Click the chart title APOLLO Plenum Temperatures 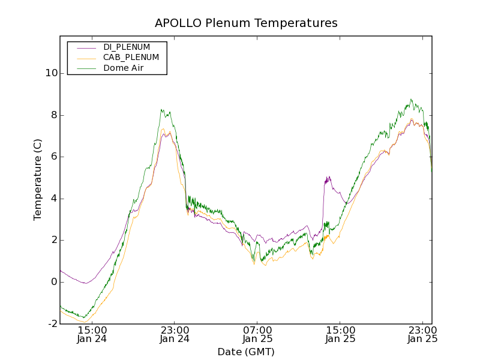[246, 23]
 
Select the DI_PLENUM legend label [127, 47]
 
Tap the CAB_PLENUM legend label [131, 58]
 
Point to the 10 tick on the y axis [51, 73]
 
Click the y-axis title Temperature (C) [38, 180]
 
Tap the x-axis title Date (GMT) [246, 352]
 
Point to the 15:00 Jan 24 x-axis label [92, 334]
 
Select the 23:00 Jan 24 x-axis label [175, 334]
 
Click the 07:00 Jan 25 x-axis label [258, 334]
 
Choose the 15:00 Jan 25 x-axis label [340, 334]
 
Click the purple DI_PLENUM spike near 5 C [328, 179]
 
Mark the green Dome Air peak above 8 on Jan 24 [162, 110]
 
